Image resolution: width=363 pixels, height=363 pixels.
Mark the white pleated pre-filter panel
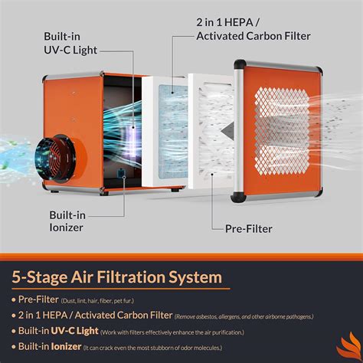pos(211,134)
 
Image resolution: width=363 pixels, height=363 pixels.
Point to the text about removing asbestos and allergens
pos(248,315)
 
